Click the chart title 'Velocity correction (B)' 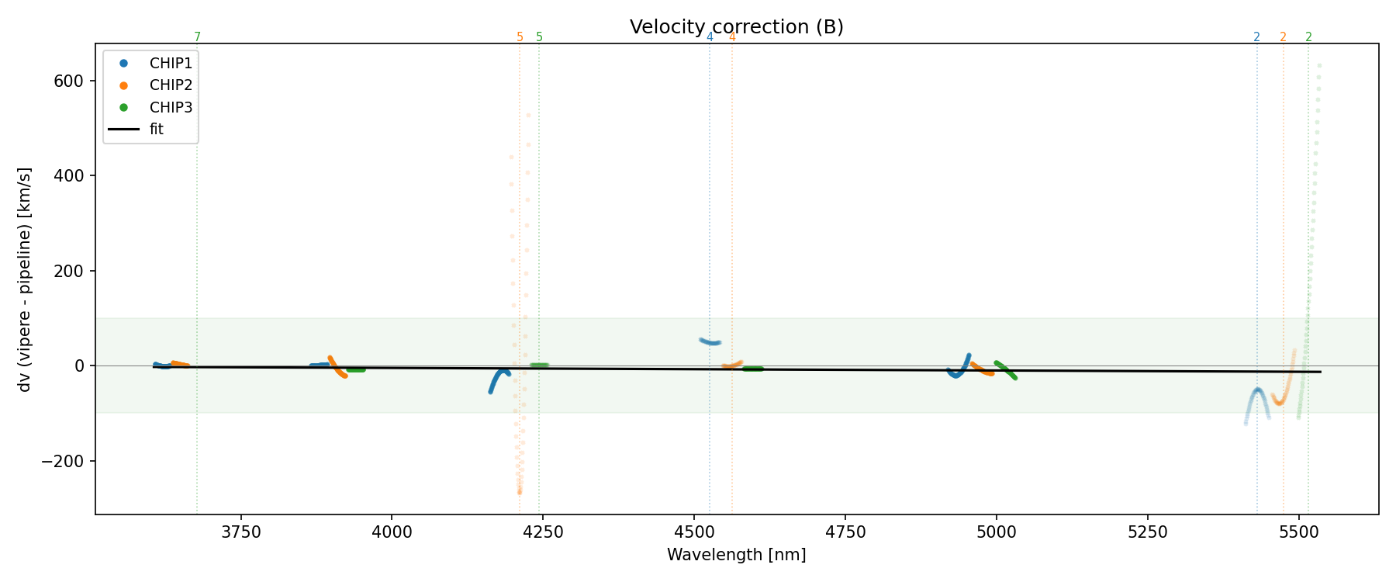click(736, 27)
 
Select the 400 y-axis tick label click(72, 175)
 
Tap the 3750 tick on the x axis click(241, 532)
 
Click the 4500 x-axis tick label click(694, 532)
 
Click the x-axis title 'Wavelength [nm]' click(736, 555)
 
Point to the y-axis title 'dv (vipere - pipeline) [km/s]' click(25, 279)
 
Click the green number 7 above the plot click(197, 37)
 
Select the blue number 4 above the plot click(710, 37)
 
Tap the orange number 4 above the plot click(732, 37)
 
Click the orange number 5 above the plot click(520, 37)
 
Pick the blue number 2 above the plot click(1256, 37)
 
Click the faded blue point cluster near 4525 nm click(710, 341)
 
